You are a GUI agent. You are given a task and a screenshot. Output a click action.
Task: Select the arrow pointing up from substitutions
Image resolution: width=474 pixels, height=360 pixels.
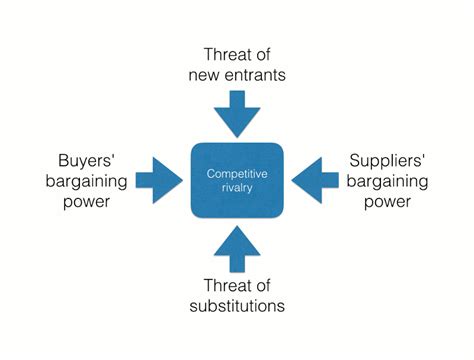pyautogui.click(x=238, y=248)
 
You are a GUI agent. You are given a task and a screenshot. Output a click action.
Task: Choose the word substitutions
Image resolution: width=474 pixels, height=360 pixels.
pyautogui.click(x=238, y=306)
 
